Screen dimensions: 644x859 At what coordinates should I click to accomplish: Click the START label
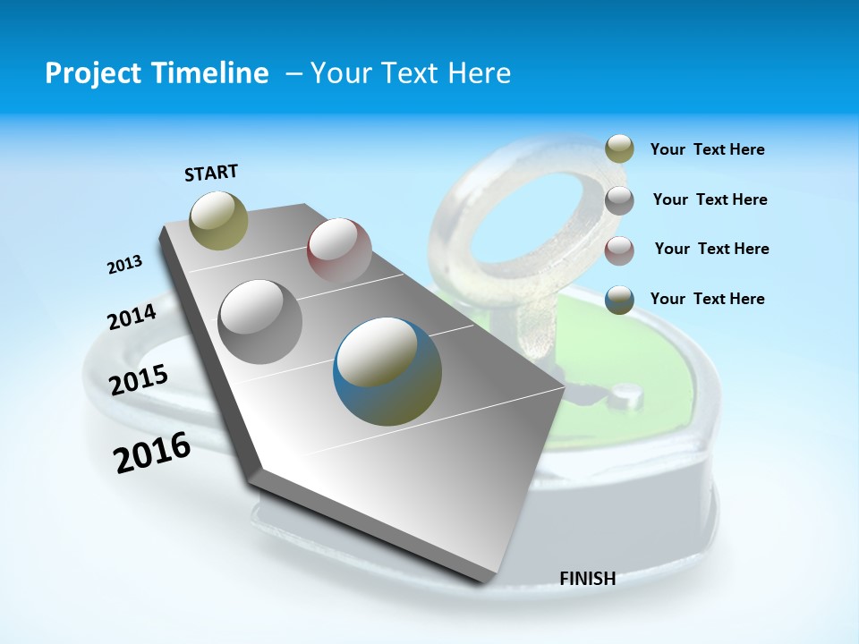[x=211, y=173]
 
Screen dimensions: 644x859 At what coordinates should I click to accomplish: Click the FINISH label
[x=587, y=579]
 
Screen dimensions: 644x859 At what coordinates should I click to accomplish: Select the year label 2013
[x=124, y=265]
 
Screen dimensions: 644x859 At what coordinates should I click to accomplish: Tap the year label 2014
[x=132, y=317]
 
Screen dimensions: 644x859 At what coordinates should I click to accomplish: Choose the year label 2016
[x=152, y=453]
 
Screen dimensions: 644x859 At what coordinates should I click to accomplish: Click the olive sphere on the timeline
[x=218, y=220]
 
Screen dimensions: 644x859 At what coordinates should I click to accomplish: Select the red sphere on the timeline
[x=339, y=250]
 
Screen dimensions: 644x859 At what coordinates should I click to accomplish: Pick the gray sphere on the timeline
[x=259, y=321]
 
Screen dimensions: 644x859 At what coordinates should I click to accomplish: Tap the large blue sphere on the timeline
[x=387, y=371]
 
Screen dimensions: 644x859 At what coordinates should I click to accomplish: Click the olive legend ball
[x=619, y=148]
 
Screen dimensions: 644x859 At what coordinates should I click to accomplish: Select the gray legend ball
[x=619, y=200]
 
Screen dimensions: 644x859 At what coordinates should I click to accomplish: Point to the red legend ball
[x=619, y=250]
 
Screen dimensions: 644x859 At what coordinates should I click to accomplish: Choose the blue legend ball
[x=619, y=300]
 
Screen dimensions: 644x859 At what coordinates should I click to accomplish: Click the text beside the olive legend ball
[x=707, y=149]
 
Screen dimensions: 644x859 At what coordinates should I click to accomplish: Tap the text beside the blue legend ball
[x=707, y=299]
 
